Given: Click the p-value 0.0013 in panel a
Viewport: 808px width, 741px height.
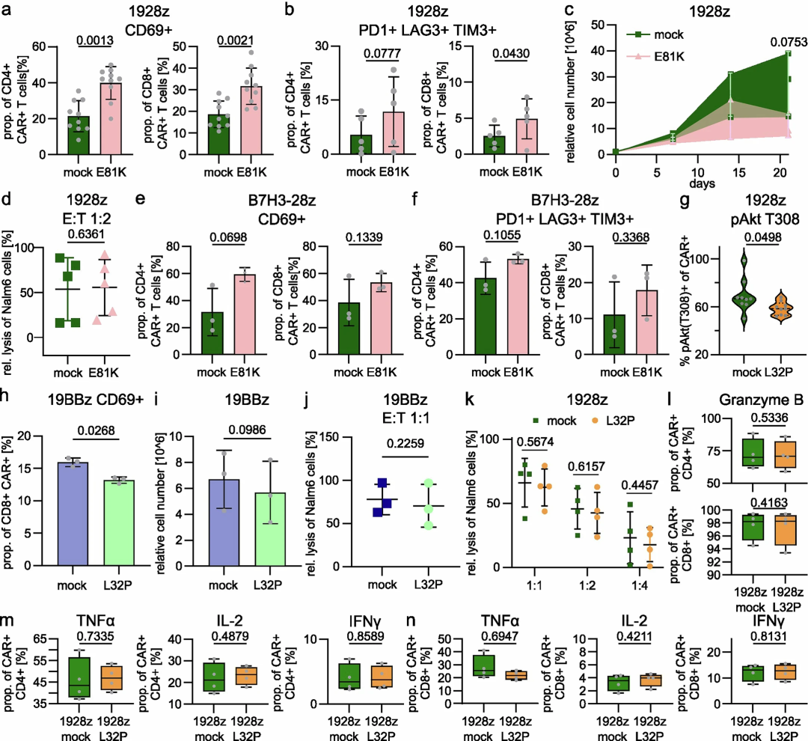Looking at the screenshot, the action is coord(95,40).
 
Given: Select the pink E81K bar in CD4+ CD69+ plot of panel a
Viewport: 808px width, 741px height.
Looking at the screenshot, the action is coord(111,118).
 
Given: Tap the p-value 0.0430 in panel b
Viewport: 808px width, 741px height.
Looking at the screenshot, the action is coord(511,53).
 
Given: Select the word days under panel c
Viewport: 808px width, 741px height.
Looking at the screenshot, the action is coord(702,183).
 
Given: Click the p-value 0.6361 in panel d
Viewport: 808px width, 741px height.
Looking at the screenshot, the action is coord(86,234).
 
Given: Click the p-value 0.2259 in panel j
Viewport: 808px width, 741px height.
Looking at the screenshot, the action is coord(405,443).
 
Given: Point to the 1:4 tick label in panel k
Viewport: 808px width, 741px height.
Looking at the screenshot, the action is coord(640,585).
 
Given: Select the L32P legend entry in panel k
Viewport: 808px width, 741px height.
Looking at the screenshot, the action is coord(613,421).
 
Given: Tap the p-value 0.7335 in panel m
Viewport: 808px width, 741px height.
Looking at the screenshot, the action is coord(95,636).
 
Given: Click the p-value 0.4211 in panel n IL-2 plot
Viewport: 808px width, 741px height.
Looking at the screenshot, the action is coord(634,636).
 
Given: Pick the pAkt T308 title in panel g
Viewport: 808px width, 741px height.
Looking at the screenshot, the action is coord(765,219).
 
